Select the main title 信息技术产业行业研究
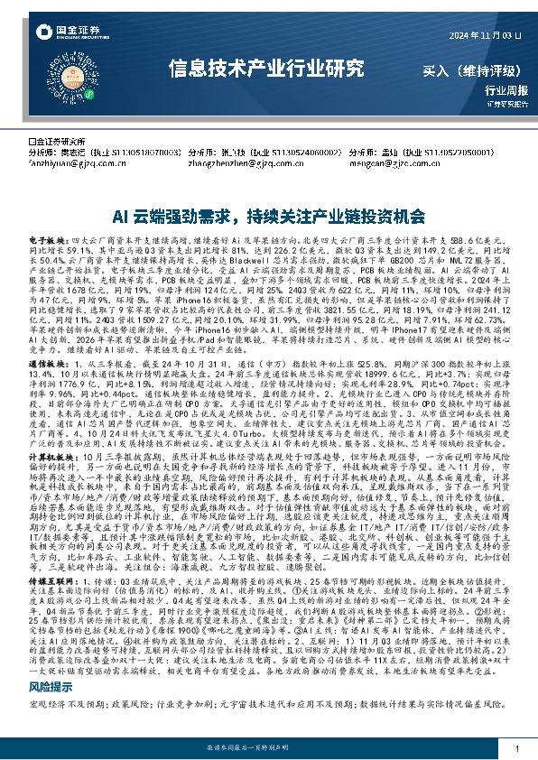click(268, 68)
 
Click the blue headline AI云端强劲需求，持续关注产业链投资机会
click(268, 218)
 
